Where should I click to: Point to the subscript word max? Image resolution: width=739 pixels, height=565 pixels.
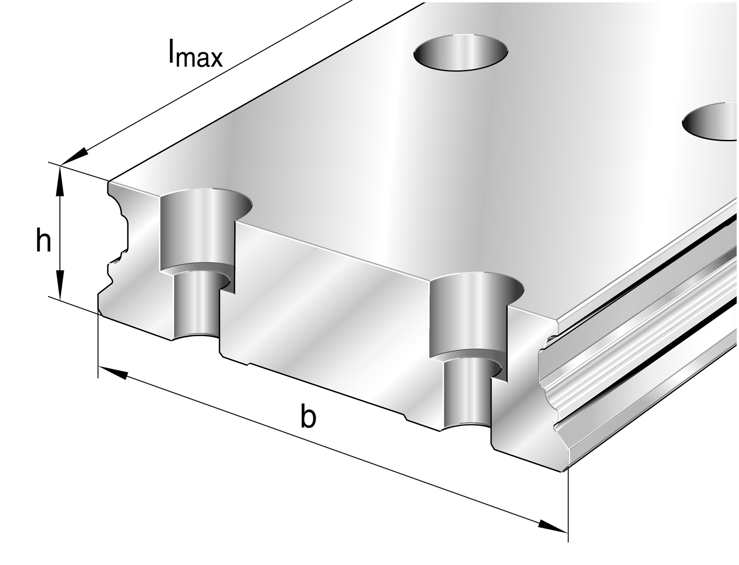[x=200, y=58]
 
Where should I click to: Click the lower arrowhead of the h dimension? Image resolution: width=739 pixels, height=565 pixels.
[x=60, y=284]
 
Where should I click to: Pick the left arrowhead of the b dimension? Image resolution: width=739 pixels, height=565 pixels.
[x=113, y=373]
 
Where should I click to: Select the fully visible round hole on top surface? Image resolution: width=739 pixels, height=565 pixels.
[x=461, y=52]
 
